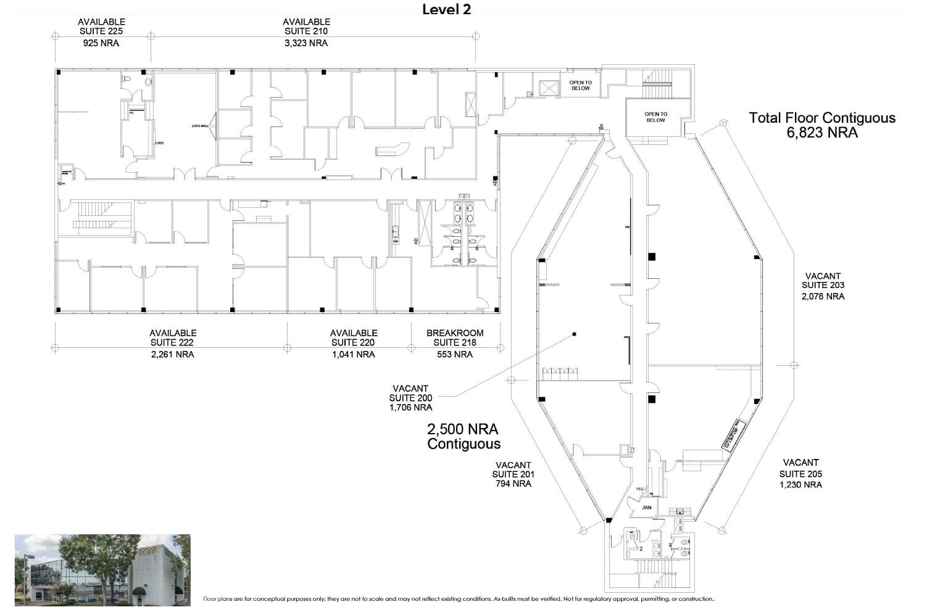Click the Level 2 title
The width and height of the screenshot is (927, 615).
coord(446,9)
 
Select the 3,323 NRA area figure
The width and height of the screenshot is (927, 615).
coord(306,43)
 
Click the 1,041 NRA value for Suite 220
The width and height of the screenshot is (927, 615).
coord(353,355)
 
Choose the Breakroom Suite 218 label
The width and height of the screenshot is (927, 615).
coord(455,338)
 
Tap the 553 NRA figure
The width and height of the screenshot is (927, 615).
coord(455,355)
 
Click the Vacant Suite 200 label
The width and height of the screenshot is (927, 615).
coord(410,394)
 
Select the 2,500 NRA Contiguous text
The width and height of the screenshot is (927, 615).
coord(463,436)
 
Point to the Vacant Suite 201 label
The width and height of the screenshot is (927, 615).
coord(513,470)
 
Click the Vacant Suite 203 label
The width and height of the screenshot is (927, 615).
coord(823,281)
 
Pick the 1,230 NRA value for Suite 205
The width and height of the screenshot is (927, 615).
coord(800,485)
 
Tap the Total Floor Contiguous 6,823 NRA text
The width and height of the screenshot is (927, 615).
coord(822,125)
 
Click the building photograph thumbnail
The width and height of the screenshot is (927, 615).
coord(102,569)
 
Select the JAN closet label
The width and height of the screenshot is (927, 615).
coord(646,508)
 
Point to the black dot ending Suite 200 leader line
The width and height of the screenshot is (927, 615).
coord(575,334)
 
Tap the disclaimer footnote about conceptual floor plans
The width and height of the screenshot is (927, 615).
coord(458,599)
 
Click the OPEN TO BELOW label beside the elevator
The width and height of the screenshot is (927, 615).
coord(580,86)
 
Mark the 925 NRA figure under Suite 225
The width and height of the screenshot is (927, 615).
coord(101,43)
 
